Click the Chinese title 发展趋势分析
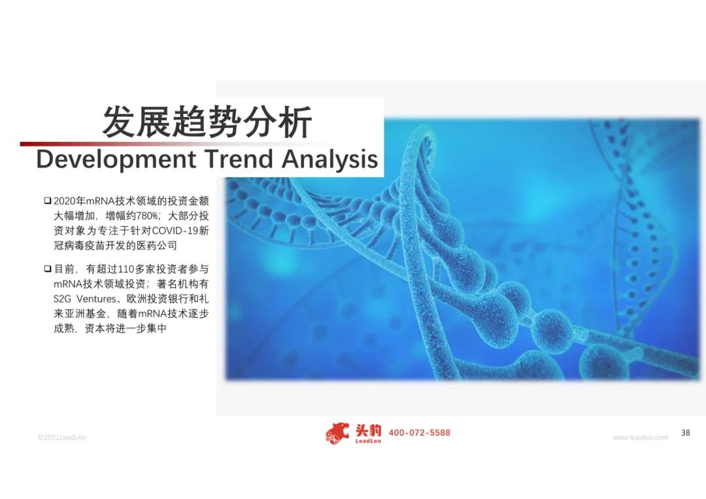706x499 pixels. coord(207,122)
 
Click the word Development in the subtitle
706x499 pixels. coord(116,160)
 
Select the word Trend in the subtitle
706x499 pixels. coord(239,158)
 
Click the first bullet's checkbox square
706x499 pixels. coord(47,200)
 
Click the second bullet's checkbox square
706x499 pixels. coord(47,269)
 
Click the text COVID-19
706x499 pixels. coord(175,231)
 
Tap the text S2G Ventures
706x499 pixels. coord(84,299)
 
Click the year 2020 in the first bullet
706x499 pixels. coord(64,201)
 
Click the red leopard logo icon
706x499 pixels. coord(338,433)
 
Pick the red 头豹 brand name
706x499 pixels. coord(368,430)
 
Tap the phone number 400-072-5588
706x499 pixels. coord(419,433)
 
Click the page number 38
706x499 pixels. coord(685,433)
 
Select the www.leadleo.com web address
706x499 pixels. coord(640,438)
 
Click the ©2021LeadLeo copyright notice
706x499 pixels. coord(61,438)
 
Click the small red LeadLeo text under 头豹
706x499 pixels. coord(368,441)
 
